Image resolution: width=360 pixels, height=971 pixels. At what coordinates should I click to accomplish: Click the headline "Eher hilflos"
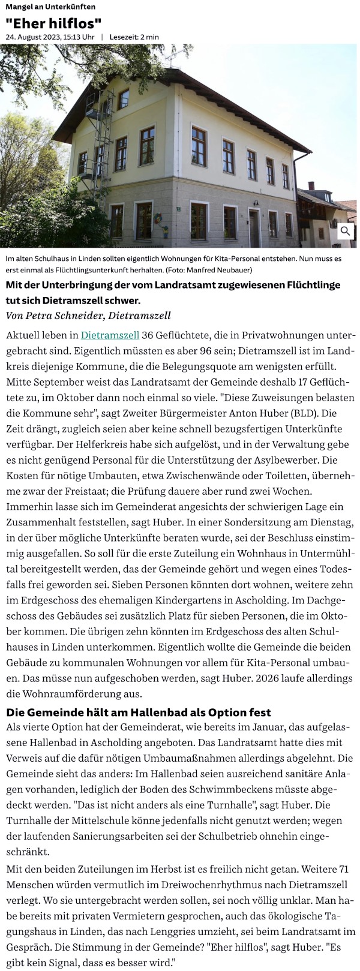click(53, 23)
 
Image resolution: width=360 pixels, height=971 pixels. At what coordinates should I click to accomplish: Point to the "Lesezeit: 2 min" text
click(134, 37)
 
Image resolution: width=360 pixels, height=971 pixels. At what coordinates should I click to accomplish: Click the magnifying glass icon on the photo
click(346, 231)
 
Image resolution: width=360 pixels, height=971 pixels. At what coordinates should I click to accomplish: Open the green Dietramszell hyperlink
click(110, 335)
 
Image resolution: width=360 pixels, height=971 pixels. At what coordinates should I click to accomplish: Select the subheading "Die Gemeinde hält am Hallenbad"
click(138, 713)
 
